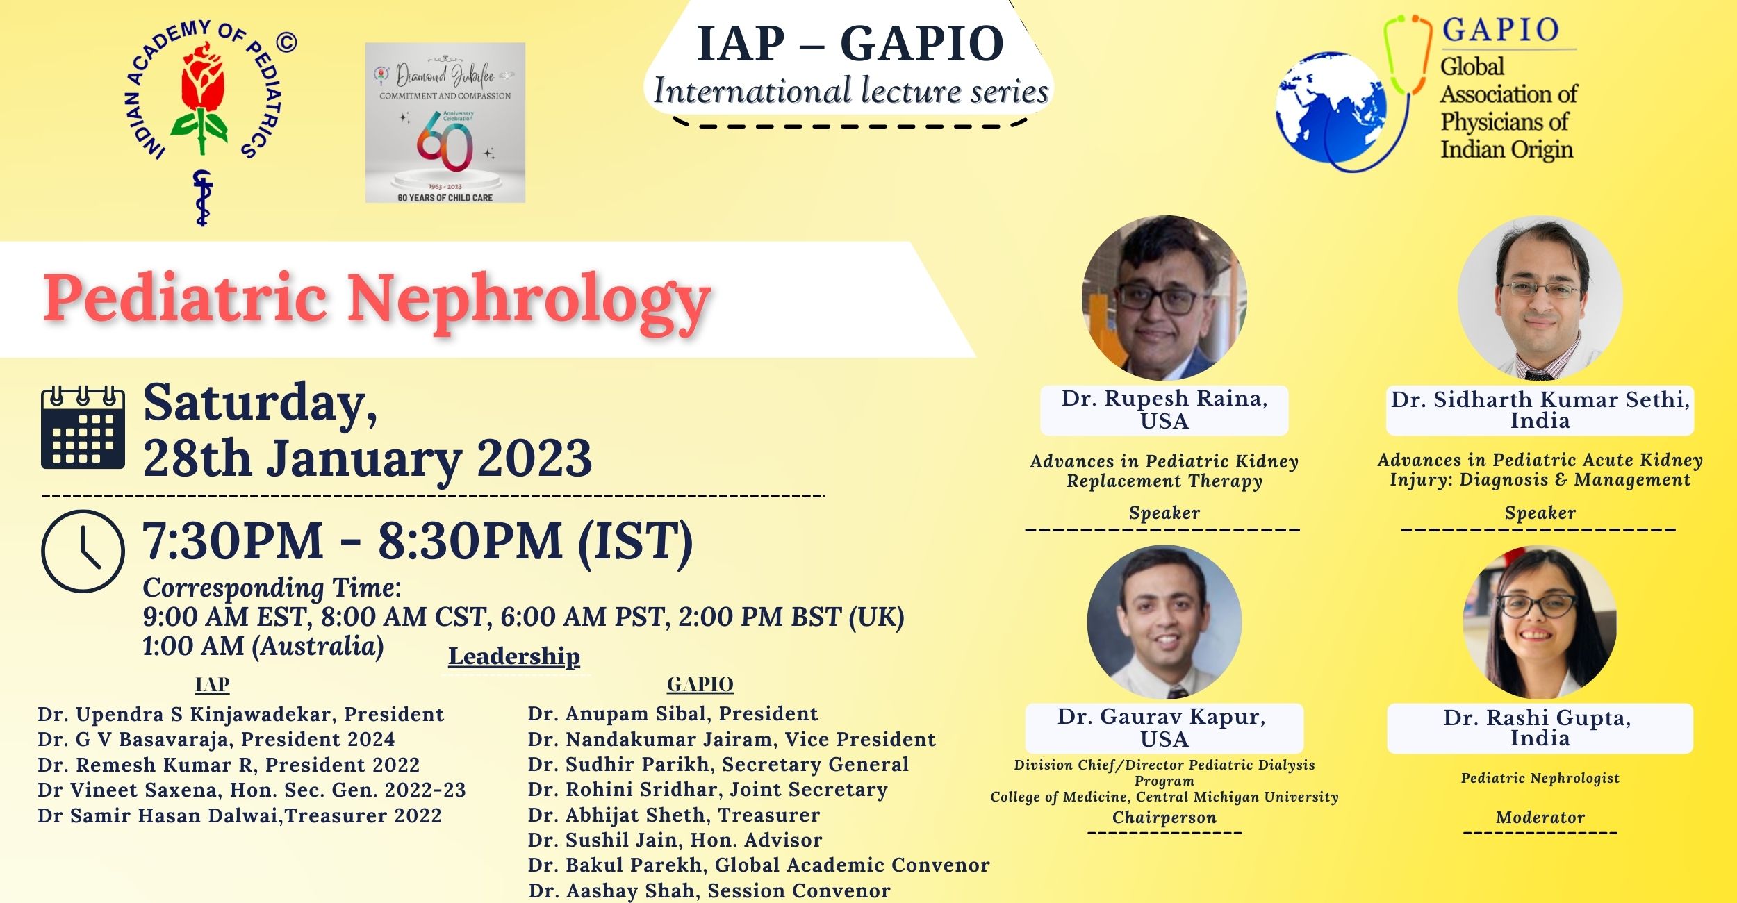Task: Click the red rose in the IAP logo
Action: pyautogui.click(x=203, y=80)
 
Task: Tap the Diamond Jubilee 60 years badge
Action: pyautogui.click(x=445, y=123)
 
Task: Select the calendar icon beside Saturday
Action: pyautogui.click(x=83, y=427)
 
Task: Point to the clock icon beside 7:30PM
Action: pyautogui.click(x=83, y=551)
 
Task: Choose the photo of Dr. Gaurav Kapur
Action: pyautogui.click(x=1164, y=622)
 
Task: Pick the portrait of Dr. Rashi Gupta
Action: pyautogui.click(x=1540, y=622)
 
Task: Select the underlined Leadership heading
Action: pyautogui.click(x=513, y=656)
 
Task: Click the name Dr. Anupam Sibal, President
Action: pyautogui.click(x=673, y=713)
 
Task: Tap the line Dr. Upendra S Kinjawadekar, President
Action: pyautogui.click(x=240, y=714)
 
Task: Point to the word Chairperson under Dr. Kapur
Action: pyautogui.click(x=1164, y=818)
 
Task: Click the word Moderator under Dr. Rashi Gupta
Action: pyautogui.click(x=1540, y=818)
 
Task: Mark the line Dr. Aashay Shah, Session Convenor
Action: pyautogui.click(x=709, y=890)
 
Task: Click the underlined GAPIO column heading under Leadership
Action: pyautogui.click(x=700, y=685)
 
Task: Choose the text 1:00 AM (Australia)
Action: pyautogui.click(x=263, y=647)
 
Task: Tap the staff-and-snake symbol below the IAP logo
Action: pyautogui.click(x=202, y=198)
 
